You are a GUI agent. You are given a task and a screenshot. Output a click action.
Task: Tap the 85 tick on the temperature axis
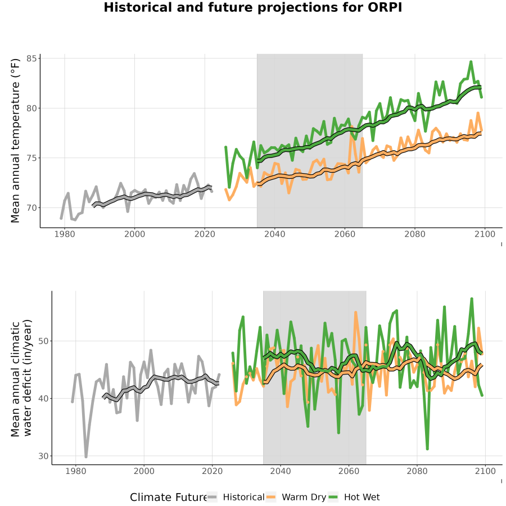coord(31,58)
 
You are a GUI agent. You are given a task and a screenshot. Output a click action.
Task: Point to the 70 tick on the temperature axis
coord(31,208)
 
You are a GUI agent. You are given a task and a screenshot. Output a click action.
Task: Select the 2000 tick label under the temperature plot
coord(134,234)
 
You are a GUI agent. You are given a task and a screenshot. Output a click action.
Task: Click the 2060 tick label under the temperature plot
coord(345,234)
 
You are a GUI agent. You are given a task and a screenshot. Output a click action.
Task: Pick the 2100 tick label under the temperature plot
coord(485,234)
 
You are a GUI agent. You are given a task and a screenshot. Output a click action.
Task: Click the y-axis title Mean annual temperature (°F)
coord(15,141)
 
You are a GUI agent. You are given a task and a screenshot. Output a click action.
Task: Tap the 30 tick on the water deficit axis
coord(43,456)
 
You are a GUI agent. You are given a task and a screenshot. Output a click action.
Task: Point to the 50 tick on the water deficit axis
coord(43,341)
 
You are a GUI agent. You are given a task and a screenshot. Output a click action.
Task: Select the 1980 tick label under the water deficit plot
coord(75,471)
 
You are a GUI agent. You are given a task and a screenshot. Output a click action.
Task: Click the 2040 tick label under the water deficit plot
coord(281,471)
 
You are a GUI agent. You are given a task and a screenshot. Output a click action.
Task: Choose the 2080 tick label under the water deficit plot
coord(417,471)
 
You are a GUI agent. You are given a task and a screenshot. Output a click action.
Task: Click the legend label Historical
coord(243,498)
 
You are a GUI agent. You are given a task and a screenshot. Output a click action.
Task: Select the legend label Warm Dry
coord(304,498)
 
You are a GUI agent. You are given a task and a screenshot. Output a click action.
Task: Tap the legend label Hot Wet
coord(362,498)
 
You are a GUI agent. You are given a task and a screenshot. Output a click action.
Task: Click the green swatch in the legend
coord(333,498)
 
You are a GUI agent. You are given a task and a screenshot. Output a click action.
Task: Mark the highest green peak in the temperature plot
coord(471,62)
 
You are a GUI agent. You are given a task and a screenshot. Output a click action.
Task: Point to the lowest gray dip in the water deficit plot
coord(86,457)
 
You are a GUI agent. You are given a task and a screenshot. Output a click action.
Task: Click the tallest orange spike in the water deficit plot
coord(356,313)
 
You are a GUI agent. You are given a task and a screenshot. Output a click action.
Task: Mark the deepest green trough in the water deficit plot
coord(427,448)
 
